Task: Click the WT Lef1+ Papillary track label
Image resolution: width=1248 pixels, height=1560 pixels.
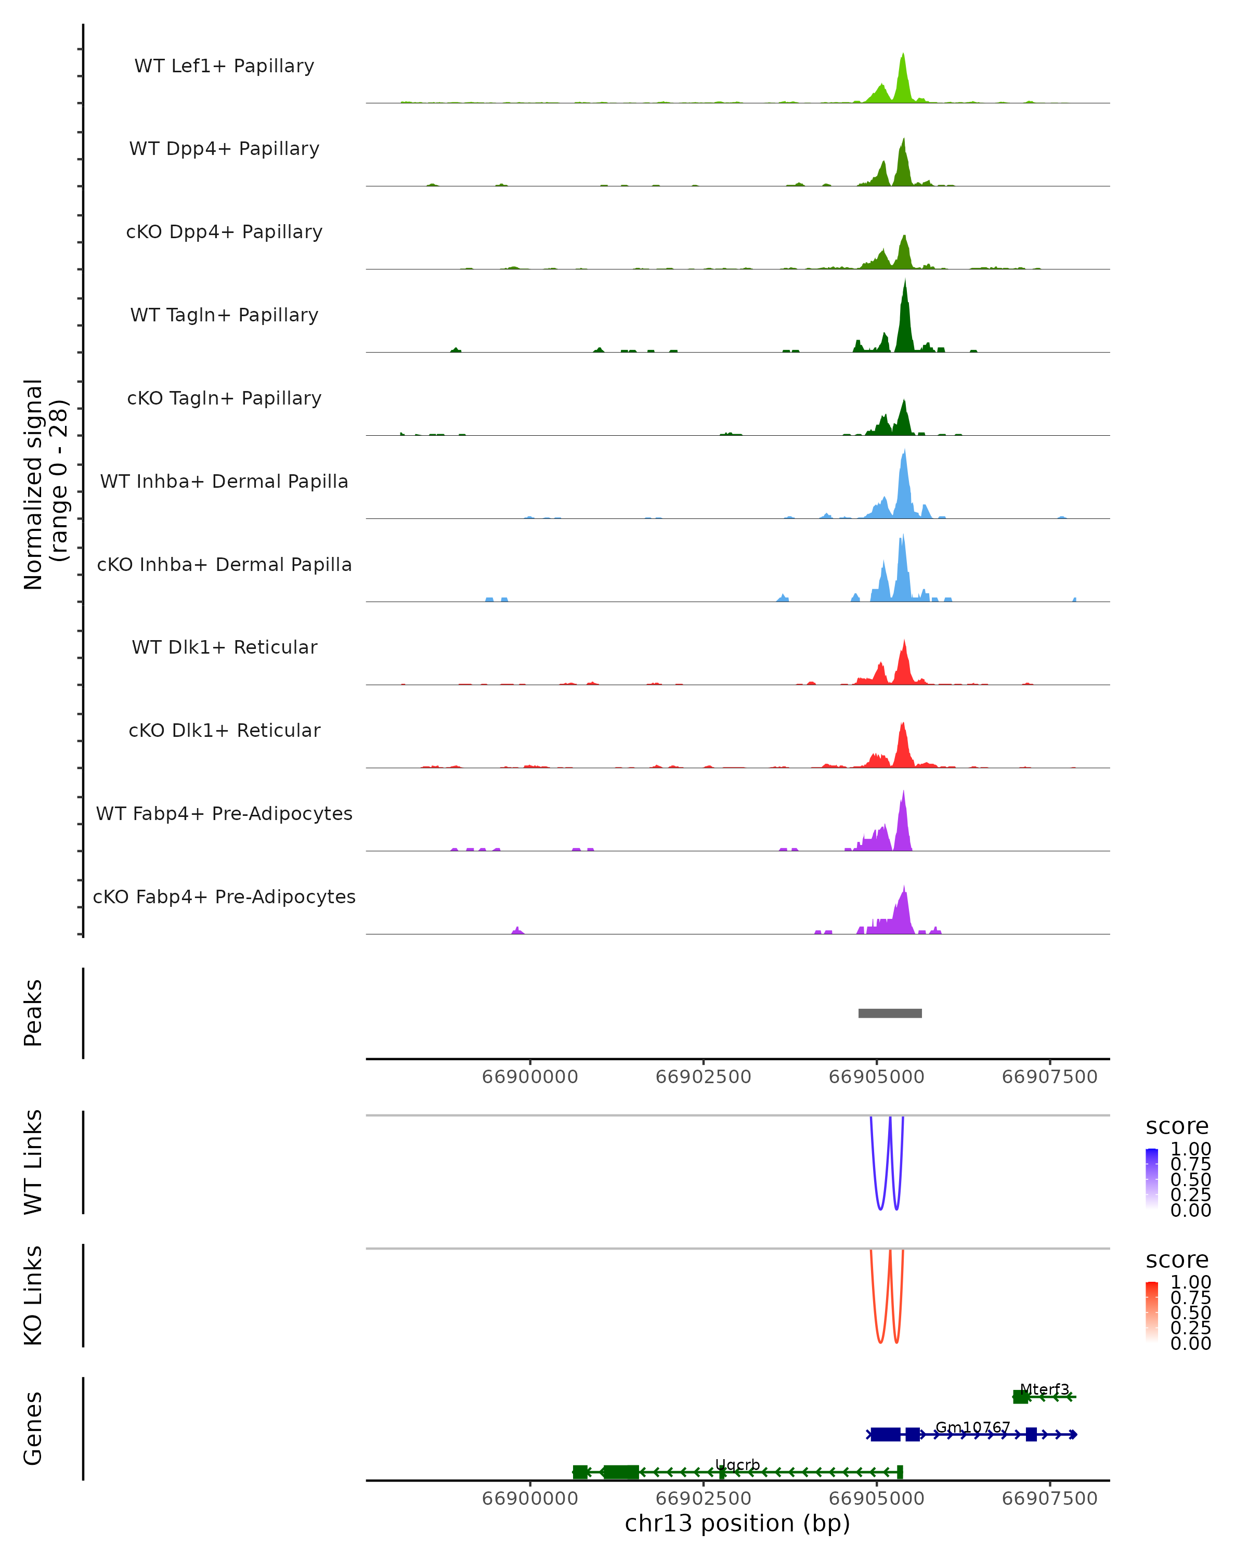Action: [224, 66]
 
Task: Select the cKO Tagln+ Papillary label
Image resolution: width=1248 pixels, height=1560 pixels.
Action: [224, 398]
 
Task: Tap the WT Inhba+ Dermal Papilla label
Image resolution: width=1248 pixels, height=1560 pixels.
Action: [224, 481]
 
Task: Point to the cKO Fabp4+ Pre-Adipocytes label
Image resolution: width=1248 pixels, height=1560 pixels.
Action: [224, 896]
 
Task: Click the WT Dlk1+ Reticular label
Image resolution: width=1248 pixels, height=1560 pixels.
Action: [224, 647]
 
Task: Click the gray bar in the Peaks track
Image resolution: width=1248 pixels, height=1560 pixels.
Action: [890, 1013]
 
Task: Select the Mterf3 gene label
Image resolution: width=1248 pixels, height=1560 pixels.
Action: [1044, 1389]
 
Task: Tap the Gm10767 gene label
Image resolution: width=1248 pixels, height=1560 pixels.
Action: [972, 1427]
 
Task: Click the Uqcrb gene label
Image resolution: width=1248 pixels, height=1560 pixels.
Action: [737, 1464]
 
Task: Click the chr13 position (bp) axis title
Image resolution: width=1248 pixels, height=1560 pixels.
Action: [737, 1523]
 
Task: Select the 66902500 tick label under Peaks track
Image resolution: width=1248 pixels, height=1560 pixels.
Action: [703, 1077]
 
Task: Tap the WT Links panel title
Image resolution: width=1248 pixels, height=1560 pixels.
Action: [33, 1162]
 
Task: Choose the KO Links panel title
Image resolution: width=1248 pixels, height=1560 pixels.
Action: [33, 1295]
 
